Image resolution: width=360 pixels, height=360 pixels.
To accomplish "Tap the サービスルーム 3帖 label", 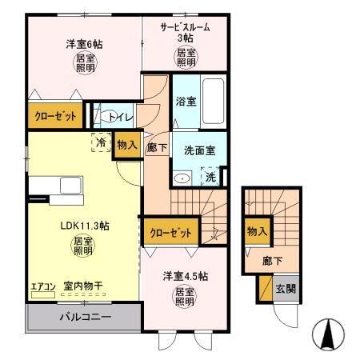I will click(x=185, y=32).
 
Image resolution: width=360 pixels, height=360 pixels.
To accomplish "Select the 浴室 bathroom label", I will click(x=185, y=102).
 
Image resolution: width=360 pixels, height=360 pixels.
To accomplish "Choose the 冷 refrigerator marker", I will click(x=102, y=143).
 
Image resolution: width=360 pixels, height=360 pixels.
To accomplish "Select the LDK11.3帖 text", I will click(x=82, y=226).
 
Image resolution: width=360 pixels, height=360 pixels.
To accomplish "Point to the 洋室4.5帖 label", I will click(x=186, y=276).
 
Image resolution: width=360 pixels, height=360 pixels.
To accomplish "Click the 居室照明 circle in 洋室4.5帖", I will click(x=186, y=298).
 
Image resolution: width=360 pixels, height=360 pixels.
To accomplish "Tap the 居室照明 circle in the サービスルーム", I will click(x=185, y=57).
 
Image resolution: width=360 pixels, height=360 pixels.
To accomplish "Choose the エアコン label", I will click(x=42, y=284).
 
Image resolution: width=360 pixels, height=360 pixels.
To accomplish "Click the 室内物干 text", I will click(x=83, y=284).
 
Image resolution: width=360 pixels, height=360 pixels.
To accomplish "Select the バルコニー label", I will click(x=85, y=317).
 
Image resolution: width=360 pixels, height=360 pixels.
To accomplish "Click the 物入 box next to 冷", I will click(x=126, y=146).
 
